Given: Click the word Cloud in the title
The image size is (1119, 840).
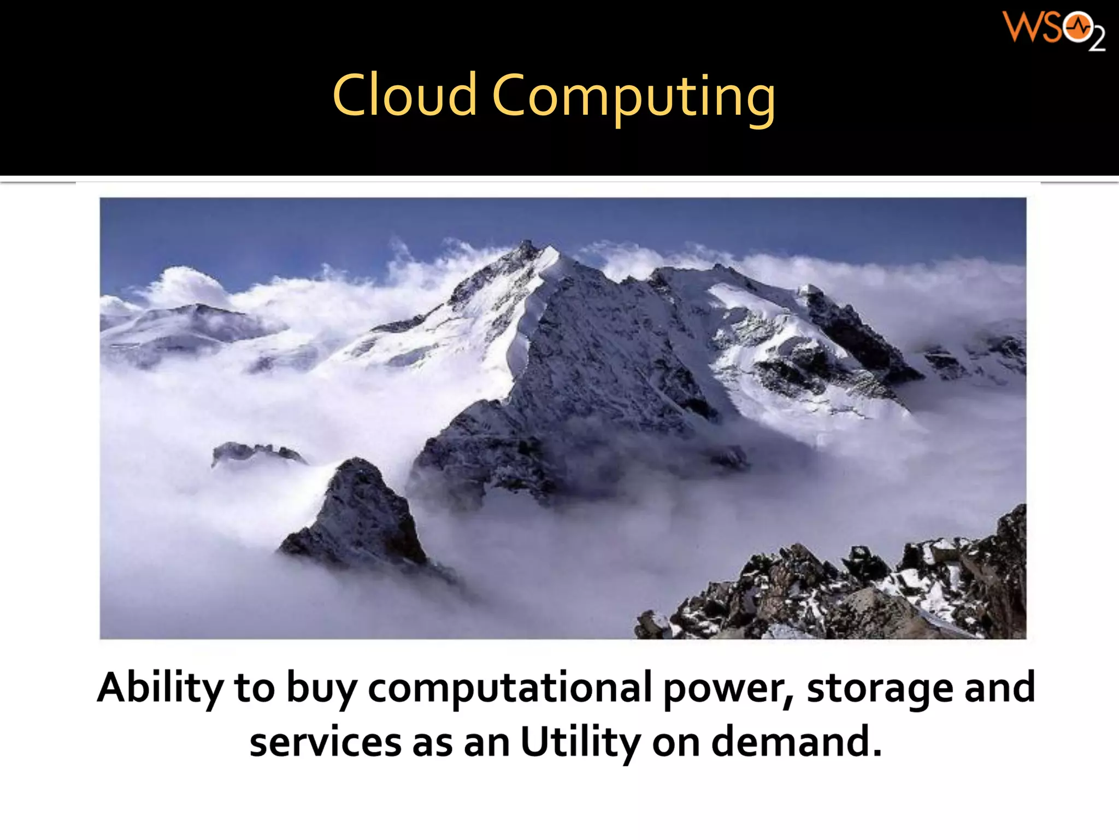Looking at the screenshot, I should [404, 96].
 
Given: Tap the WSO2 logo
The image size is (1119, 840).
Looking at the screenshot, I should [1053, 30].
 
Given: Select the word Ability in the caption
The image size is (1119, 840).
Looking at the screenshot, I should [160, 688].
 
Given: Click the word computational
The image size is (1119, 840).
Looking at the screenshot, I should [510, 688].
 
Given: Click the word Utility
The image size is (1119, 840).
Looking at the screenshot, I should [580, 743].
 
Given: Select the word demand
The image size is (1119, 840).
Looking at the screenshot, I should [796, 742].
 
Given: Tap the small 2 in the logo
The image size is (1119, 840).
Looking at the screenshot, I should [1097, 40].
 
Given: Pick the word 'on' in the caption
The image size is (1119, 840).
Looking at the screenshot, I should [676, 744].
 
